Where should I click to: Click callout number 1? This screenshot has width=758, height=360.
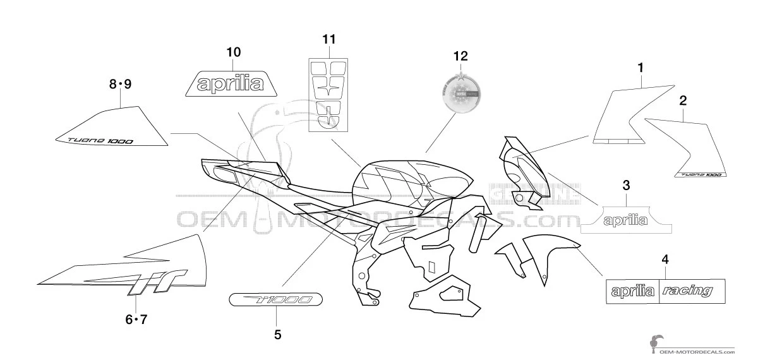(640, 66)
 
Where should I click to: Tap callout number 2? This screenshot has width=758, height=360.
(683, 100)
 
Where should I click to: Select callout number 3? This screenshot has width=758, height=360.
(626, 185)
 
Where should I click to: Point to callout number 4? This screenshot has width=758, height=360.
(665, 258)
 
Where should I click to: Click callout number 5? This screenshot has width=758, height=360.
(277, 335)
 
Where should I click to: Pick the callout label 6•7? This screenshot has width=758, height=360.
(135, 319)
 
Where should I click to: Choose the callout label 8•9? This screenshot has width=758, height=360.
(120, 83)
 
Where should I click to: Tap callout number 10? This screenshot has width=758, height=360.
(234, 52)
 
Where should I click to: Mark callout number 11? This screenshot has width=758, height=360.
(328, 39)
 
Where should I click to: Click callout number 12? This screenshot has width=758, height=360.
(460, 56)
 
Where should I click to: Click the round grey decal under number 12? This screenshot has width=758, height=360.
(460, 92)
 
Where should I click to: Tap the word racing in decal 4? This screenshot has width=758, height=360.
(688, 291)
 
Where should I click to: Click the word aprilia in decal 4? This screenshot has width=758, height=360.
(632, 291)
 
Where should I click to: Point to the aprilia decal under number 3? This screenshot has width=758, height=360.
(625, 220)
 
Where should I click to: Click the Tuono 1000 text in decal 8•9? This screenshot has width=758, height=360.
(92, 140)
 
